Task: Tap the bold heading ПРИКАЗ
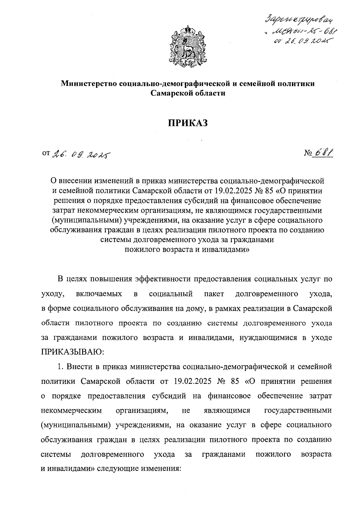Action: (187, 123)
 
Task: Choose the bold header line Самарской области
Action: (188, 93)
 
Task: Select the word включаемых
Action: (99, 294)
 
